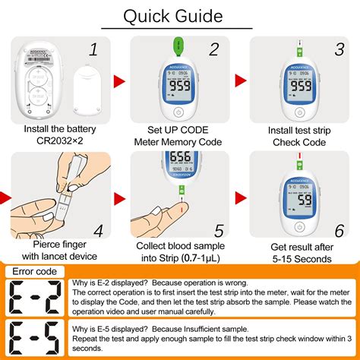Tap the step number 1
click(x=93, y=51)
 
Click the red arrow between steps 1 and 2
click(x=118, y=81)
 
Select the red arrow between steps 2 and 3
click(x=241, y=81)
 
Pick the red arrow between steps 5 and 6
click(x=241, y=199)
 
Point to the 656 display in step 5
click(x=180, y=158)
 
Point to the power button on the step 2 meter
click(x=180, y=111)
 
